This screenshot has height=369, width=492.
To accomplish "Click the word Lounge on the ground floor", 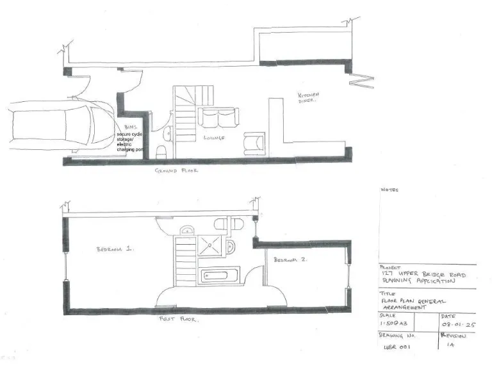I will coord(214,138).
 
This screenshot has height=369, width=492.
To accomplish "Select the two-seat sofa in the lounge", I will coord(218,117).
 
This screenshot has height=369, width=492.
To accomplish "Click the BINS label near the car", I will coord(131,127).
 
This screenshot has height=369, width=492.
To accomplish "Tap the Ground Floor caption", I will coord(176,171).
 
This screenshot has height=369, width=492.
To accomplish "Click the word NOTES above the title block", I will coord(389,190).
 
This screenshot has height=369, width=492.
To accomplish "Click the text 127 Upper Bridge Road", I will coord(423,274).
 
